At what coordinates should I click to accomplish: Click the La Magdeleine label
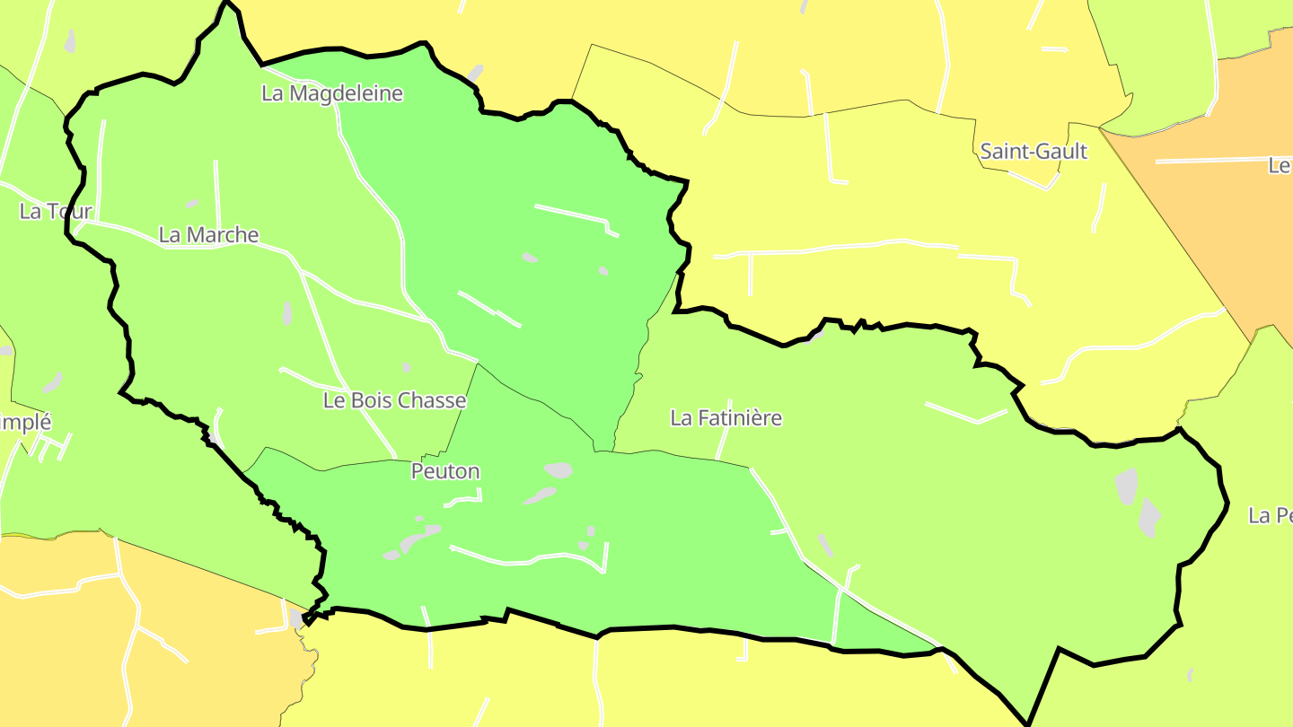(x=332, y=93)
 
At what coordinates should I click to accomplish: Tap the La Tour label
(x=56, y=212)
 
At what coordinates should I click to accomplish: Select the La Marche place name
(x=208, y=235)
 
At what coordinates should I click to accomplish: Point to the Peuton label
(x=445, y=471)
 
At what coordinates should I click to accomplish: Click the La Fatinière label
(x=726, y=418)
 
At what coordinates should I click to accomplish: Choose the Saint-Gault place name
(x=1034, y=152)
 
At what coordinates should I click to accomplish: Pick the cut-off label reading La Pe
(x=1271, y=516)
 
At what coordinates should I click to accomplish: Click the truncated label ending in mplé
(x=25, y=422)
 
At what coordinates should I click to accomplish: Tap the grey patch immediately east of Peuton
(x=559, y=469)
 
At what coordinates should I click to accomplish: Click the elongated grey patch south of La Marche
(x=287, y=313)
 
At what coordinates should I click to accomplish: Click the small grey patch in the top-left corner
(x=70, y=41)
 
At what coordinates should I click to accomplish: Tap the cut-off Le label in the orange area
(x=1280, y=166)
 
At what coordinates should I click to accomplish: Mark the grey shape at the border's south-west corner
(x=296, y=619)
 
